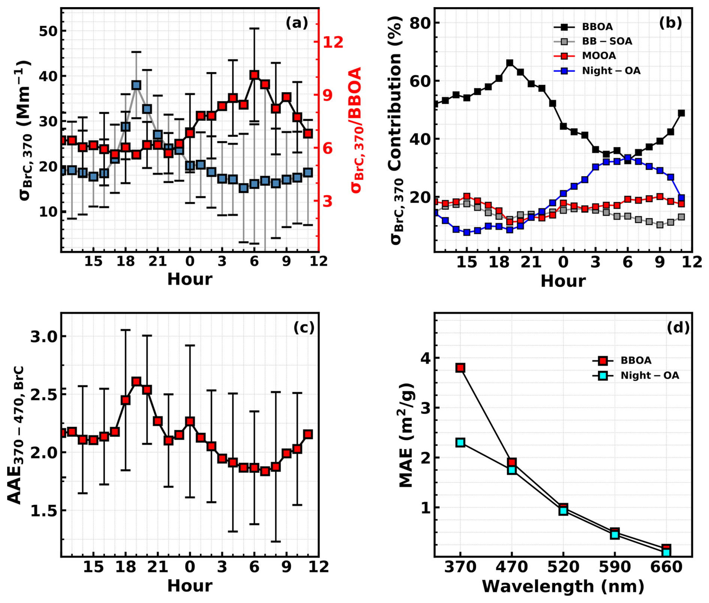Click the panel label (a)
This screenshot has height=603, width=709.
click(x=296, y=23)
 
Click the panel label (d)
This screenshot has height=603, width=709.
click(x=678, y=328)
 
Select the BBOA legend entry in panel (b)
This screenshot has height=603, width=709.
click(x=597, y=27)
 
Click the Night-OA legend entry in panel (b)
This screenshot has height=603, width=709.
click(x=611, y=71)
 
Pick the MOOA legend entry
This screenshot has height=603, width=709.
click(x=599, y=56)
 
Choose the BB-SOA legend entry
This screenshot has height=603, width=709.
click(x=607, y=41)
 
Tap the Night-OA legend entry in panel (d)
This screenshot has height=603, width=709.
click(x=649, y=376)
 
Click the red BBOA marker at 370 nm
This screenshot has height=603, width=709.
click(x=461, y=368)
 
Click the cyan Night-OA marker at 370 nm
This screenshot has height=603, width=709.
click(x=461, y=443)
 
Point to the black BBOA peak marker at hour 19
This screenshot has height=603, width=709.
click(x=510, y=63)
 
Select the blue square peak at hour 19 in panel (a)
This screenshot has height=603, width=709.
click(x=136, y=85)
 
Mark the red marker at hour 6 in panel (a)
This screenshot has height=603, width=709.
click(x=254, y=75)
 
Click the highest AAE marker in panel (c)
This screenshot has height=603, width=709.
click(x=136, y=382)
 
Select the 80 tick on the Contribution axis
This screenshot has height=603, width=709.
click(x=419, y=23)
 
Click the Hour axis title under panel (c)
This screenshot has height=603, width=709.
click(x=190, y=586)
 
